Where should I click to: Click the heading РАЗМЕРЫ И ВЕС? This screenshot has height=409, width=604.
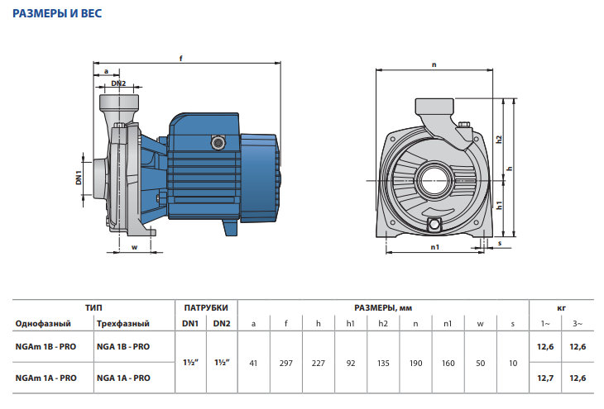57,13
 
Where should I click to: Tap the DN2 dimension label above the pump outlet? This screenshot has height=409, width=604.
118,83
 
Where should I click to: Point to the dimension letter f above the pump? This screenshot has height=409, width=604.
180,59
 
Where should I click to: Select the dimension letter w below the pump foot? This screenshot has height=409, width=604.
134,247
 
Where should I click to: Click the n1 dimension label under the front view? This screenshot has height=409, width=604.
435,247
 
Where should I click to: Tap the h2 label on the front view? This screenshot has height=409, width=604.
499,140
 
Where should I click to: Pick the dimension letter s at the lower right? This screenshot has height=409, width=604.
500,243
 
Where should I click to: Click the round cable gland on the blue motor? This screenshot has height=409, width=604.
218,143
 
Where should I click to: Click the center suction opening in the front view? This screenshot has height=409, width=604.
434,181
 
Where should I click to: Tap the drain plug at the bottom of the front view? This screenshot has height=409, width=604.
434,224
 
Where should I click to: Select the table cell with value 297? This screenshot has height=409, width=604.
285,363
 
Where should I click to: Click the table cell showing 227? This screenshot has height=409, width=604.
319,363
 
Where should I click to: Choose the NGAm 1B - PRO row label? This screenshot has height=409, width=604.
46,347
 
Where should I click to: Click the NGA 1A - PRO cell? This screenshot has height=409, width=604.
123,378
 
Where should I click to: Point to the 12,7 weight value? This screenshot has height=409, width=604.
545,378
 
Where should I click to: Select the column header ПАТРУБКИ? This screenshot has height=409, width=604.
206,308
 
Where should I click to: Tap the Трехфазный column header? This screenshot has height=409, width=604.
123,324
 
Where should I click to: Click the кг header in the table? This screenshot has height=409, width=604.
561,308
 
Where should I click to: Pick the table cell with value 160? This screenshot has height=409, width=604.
448,363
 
